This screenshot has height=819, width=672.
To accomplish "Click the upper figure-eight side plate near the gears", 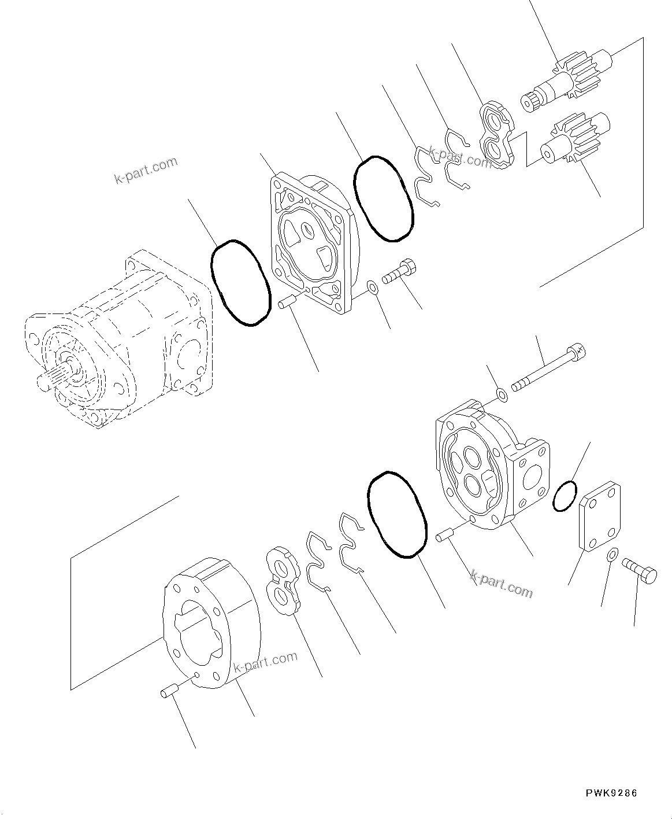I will click(x=497, y=135).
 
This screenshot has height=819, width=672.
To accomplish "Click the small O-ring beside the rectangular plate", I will click(x=565, y=495).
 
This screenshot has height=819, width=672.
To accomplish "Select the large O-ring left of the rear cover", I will click(x=398, y=514).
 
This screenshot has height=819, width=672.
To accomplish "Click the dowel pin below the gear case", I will click(x=168, y=691).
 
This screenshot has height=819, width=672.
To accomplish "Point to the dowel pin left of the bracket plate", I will click(x=287, y=302).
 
